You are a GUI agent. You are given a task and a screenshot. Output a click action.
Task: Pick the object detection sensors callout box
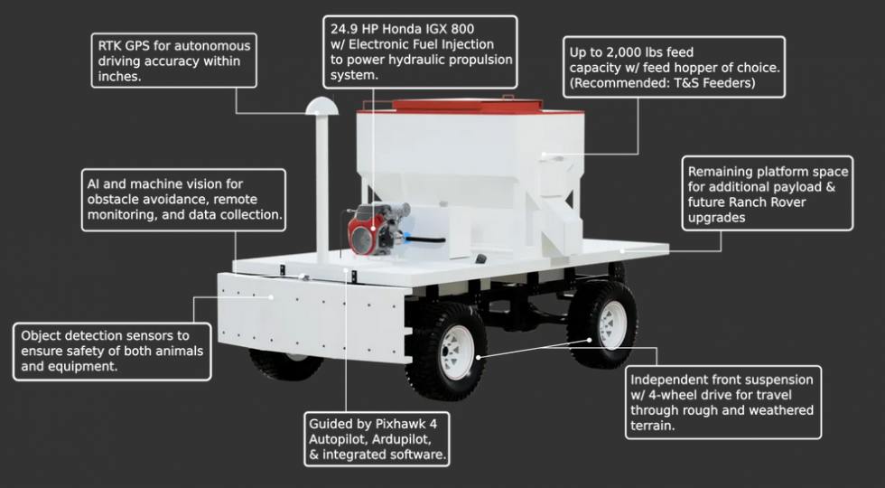coord(113,351)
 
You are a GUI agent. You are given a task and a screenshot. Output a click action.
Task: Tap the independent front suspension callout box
coord(722,401)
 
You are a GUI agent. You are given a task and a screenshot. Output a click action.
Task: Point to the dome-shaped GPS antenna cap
coord(321,106)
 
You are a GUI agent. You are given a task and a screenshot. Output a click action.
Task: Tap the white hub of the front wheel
coord(455,352)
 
